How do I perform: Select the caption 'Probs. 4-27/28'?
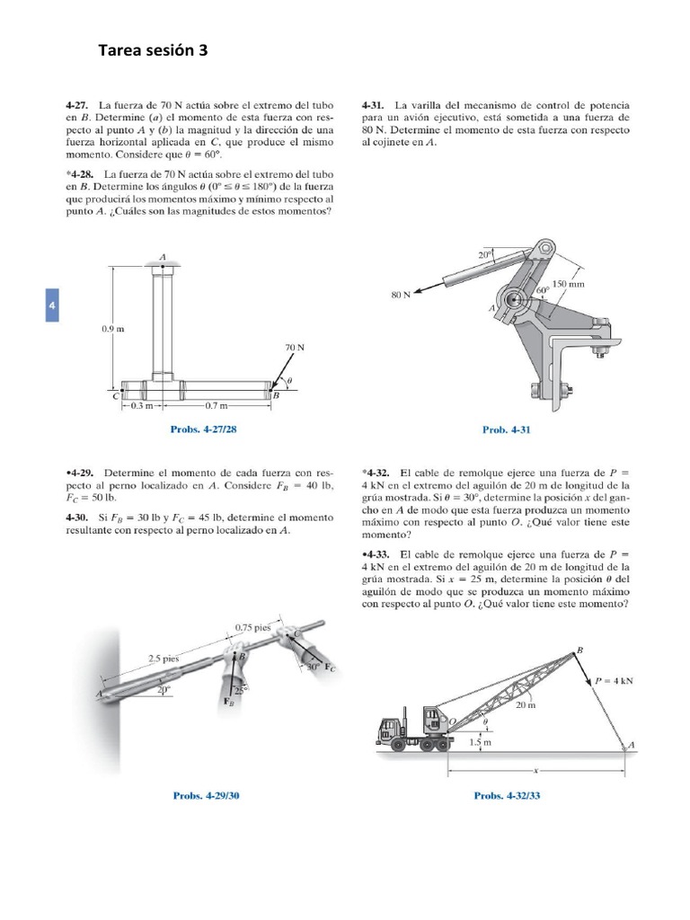(204, 429)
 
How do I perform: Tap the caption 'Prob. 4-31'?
(507, 429)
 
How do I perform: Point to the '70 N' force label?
(296, 346)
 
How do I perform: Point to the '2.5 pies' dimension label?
(164, 659)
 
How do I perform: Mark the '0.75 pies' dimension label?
(252, 626)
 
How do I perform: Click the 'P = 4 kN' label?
(615, 681)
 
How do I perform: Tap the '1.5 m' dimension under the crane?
(482, 742)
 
